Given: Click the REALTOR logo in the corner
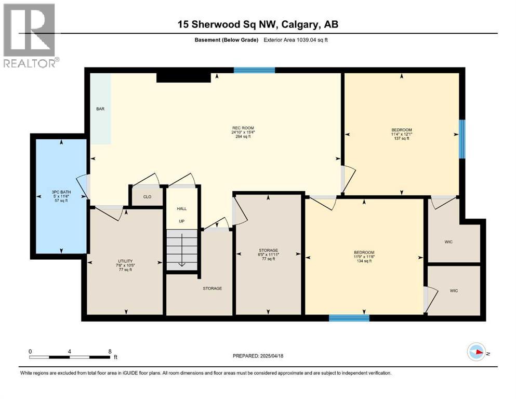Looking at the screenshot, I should [x=30, y=35].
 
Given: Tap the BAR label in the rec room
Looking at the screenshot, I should [x=100, y=109].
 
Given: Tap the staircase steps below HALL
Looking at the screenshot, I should [x=182, y=249].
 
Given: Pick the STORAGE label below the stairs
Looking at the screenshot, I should [x=212, y=288].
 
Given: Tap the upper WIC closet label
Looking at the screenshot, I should [x=449, y=242].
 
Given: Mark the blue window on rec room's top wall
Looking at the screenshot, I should [x=254, y=70].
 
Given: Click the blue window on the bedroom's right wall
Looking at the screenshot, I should [x=462, y=138].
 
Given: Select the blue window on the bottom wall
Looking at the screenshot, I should [x=349, y=317].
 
